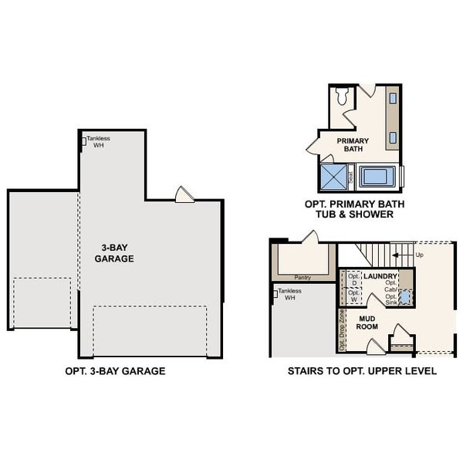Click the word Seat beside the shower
pos(351,176)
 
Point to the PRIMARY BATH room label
pos(353,144)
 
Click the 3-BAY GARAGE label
pos(114,253)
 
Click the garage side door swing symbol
pos(185,194)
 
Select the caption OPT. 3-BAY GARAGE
pos(116,371)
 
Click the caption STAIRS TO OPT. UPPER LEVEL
pos(362,371)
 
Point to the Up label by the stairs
pos(419,254)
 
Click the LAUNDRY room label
pos(380,275)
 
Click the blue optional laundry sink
pos(405,296)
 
